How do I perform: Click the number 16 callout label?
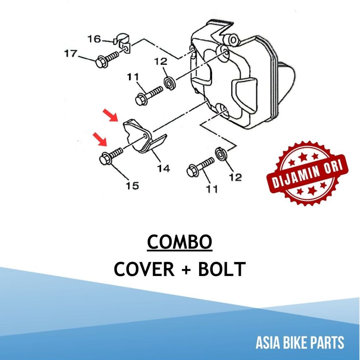click(x=94, y=38)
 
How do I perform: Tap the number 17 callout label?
click(x=70, y=54)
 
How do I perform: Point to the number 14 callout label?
click(x=163, y=168)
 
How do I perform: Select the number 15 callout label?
click(x=133, y=185)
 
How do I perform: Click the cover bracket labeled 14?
click(x=144, y=137)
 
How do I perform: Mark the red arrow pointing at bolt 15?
click(x=100, y=139)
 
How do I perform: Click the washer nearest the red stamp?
click(x=221, y=154)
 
